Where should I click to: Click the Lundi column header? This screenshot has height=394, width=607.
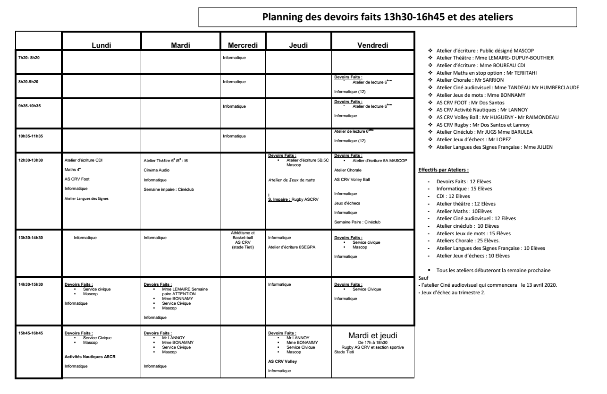[x=101, y=45]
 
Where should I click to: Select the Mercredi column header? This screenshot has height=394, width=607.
[x=243, y=45]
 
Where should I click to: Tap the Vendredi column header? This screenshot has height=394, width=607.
[x=372, y=45]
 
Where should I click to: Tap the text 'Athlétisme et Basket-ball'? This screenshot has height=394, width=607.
[x=243, y=235]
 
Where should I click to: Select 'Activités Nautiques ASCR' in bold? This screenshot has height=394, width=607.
[x=90, y=357]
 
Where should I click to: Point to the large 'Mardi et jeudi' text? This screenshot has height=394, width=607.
[x=372, y=335]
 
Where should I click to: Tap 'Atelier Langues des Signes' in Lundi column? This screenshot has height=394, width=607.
[x=87, y=198]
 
